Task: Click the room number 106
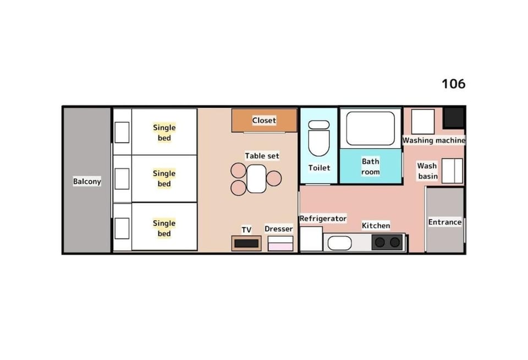(x=453, y=84)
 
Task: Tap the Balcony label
(x=87, y=181)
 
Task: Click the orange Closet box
(x=264, y=121)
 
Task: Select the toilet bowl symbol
(x=318, y=138)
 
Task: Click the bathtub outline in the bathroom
(x=370, y=128)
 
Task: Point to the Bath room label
(x=370, y=167)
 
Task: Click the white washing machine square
(x=422, y=121)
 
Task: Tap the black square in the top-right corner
(x=454, y=117)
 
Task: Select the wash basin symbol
(x=452, y=171)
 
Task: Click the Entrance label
(x=444, y=222)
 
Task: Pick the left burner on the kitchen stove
(x=380, y=242)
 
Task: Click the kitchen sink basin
(x=339, y=243)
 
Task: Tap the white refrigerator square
(x=311, y=239)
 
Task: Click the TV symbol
(x=246, y=243)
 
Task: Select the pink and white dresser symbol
(x=280, y=243)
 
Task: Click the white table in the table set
(x=256, y=179)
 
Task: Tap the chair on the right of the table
(x=274, y=178)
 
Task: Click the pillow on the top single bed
(x=122, y=133)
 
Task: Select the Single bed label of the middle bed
(x=164, y=179)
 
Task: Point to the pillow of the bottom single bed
(x=122, y=228)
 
